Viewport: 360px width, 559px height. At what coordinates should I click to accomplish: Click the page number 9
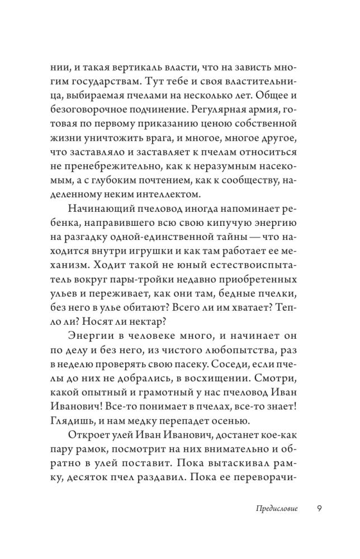[319, 508]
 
